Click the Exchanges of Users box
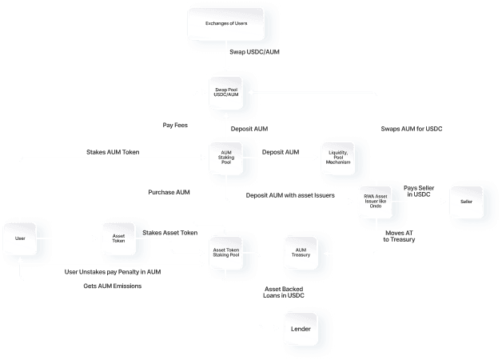pos(228,23)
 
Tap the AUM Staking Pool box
pos(226,156)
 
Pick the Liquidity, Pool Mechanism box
pos(339,156)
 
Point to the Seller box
pos(467,202)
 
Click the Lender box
pos(301,329)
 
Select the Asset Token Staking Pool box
pos(226,253)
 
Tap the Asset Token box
pos(118,238)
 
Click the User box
pos(20,238)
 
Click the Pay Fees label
pos(175,125)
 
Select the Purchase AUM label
pos(169,192)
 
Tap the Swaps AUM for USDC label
pos(412,128)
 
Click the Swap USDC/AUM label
pos(254,52)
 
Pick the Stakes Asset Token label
pos(169,233)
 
